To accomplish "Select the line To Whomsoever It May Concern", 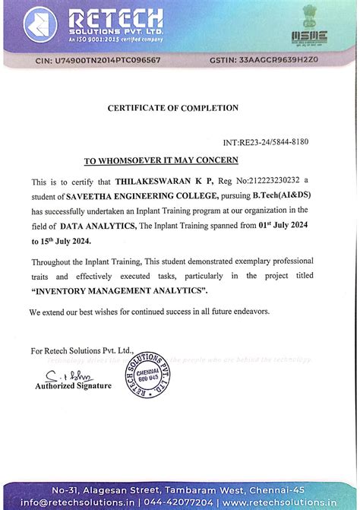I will pyautogui.click(x=161, y=160).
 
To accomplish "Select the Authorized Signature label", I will pyautogui.click(x=73, y=386).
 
